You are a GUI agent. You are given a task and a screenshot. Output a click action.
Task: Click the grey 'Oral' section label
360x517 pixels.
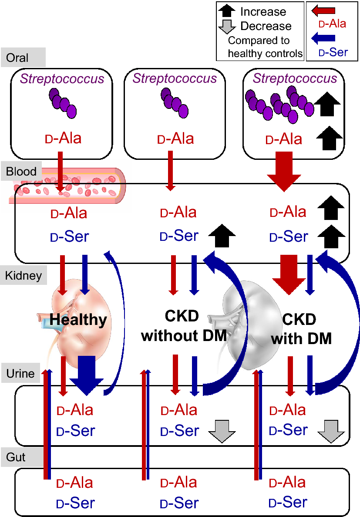pyautogui.click(x=17, y=58)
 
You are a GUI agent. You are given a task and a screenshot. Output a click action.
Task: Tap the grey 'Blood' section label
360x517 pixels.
pyautogui.click(x=21, y=171)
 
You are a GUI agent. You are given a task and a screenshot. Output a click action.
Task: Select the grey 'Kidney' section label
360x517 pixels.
pyautogui.click(x=24, y=275)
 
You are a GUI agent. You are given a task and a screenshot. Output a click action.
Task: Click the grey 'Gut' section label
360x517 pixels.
pyautogui.click(x=16, y=457)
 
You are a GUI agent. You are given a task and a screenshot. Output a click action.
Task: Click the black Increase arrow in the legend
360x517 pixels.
pyautogui.click(x=227, y=11)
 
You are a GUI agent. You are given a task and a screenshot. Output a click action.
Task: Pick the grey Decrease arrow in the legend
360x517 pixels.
pyautogui.click(x=227, y=26)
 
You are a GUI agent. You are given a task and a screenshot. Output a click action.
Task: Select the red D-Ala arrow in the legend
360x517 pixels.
pyautogui.click(x=323, y=10)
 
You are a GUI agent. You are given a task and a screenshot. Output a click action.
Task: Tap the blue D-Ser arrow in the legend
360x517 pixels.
pyautogui.click(x=323, y=39)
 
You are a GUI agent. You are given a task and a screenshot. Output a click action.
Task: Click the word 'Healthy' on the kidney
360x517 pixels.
pyautogui.click(x=78, y=320)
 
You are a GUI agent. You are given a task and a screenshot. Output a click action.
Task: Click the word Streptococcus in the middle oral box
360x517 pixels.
pyautogui.click(x=175, y=78)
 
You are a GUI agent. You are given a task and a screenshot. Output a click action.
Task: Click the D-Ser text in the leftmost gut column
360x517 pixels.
pyautogui.click(x=76, y=503)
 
